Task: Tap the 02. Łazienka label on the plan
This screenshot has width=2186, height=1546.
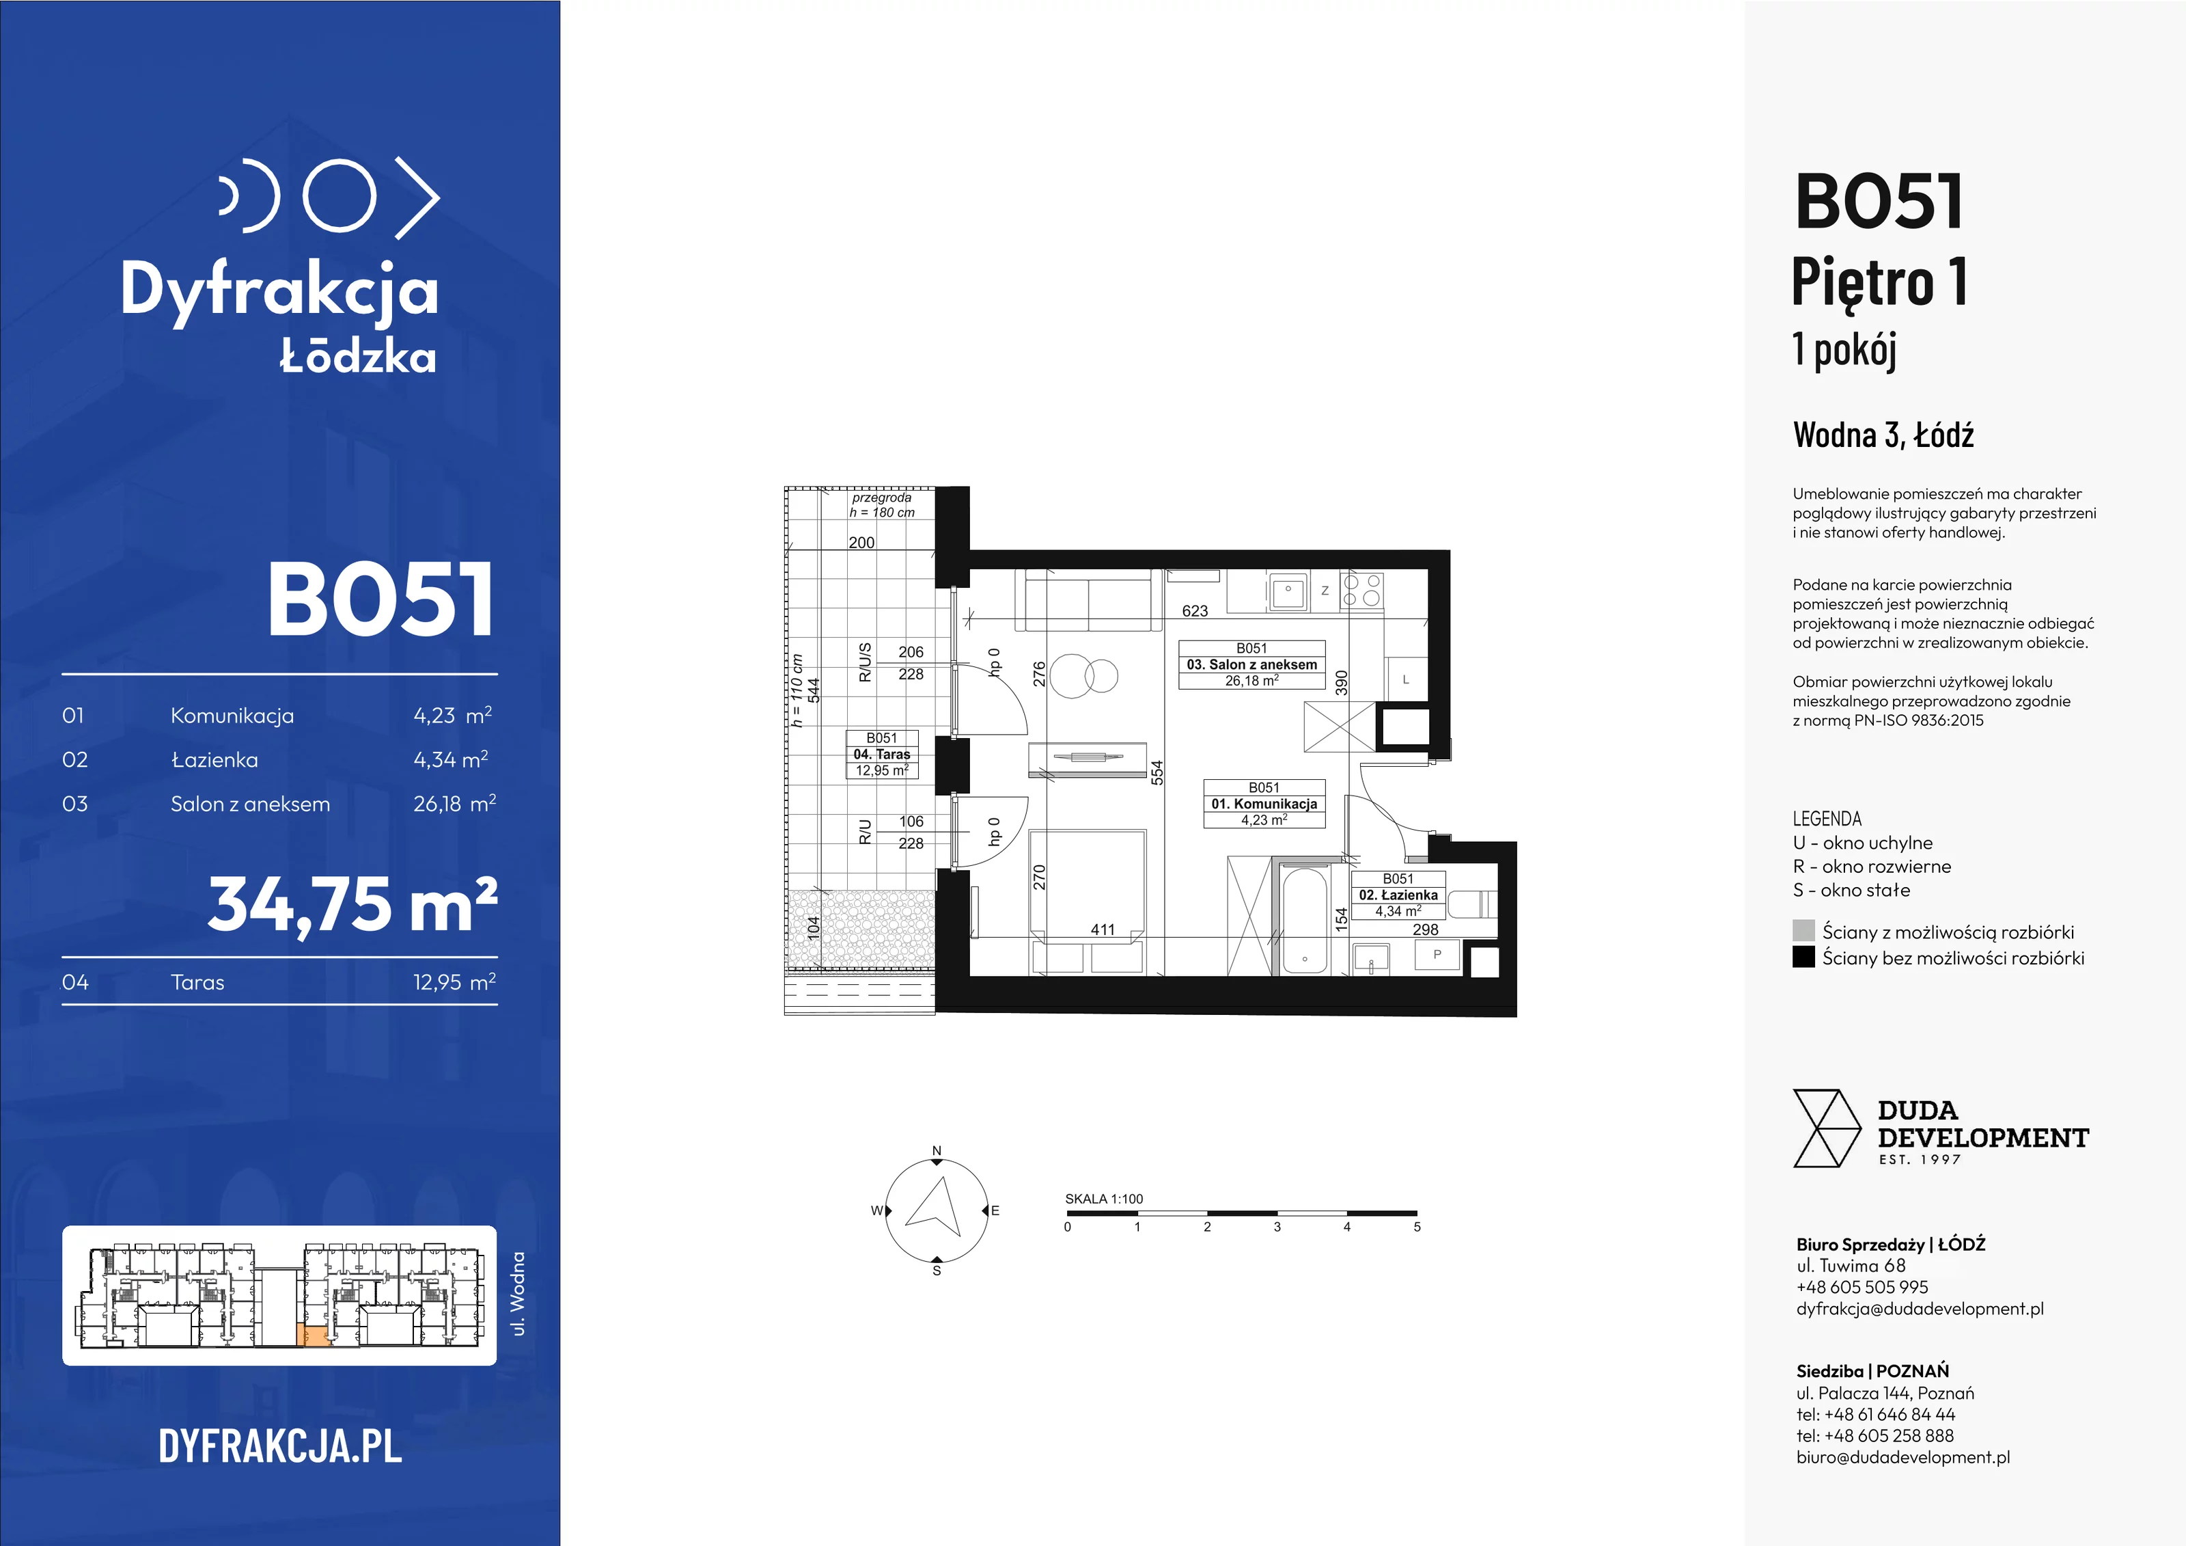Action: (1398, 895)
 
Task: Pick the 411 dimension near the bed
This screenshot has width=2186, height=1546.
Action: (1103, 930)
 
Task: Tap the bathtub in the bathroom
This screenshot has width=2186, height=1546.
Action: (1303, 920)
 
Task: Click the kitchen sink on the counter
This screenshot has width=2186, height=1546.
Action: (1288, 591)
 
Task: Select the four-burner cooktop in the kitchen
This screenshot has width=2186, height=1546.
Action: (1361, 590)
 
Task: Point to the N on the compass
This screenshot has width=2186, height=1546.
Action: (937, 1151)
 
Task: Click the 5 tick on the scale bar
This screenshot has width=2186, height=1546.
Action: (1417, 1227)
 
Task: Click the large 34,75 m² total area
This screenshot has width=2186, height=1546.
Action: (352, 904)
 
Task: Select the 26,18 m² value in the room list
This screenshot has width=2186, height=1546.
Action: (454, 803)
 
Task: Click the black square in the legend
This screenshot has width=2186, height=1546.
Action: (1803, 956)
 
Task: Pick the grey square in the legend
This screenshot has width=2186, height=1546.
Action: (1803, 931)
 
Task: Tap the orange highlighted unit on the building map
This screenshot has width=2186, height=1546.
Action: (315, 1335)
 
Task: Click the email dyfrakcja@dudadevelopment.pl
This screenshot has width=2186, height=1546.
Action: (1920, 1309)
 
